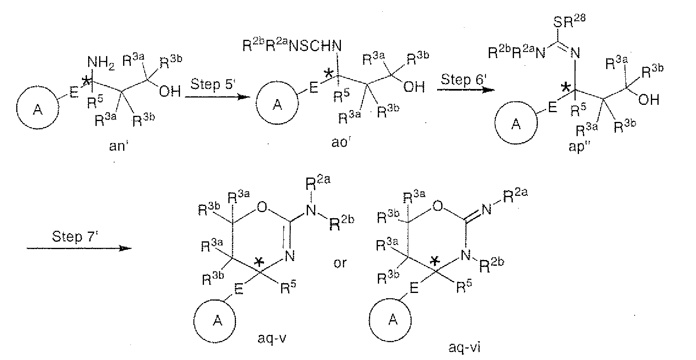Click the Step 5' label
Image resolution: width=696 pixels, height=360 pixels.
tap(213, 85)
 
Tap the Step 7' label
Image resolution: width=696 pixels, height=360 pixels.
tap(75, 236)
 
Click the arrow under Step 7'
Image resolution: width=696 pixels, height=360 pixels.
tap(79, 248)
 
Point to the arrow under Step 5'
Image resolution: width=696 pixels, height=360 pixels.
tap(217, 97)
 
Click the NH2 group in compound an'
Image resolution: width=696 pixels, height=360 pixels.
tap(101, 63)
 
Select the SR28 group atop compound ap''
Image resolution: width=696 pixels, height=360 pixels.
tap(570, 21)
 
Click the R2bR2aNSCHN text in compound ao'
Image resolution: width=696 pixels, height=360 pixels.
tap(292, 46)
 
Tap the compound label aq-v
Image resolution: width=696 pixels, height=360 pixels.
tap(272, 338)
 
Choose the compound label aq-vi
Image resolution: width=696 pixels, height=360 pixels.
tap(464, 347)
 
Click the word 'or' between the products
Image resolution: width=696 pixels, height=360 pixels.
tap(340, 263)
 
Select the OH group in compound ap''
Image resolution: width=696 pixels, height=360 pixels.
tap(649, 100)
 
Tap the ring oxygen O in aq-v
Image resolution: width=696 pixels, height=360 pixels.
tap(262, 206)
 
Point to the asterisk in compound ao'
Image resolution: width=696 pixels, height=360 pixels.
tap(328, 74)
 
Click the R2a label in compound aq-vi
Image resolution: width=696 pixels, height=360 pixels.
tap(515, 195)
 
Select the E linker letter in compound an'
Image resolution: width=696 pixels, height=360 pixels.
tap(74, 92)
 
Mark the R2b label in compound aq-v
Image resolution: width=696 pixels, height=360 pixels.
tap(341, 223)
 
